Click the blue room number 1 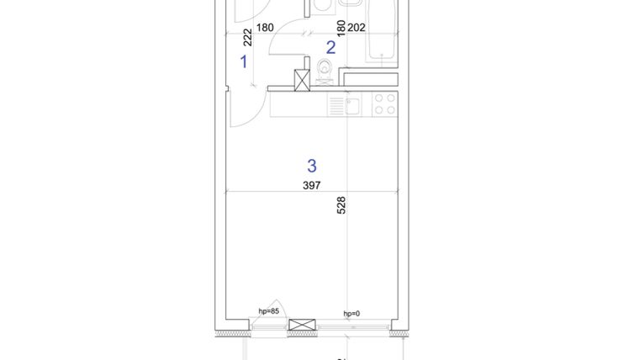coord(245,61)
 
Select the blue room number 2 coord(330,48)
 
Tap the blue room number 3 coord(312,165)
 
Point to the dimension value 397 coord(312,186)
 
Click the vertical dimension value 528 coord(341,206)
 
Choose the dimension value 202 coord(356,27)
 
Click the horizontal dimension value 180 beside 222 coord(265,27)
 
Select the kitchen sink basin coord(353,105)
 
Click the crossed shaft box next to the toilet coord(302,79)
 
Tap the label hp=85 coord(269,311)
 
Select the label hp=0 coord(351,314)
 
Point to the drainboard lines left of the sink coord(336,105)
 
